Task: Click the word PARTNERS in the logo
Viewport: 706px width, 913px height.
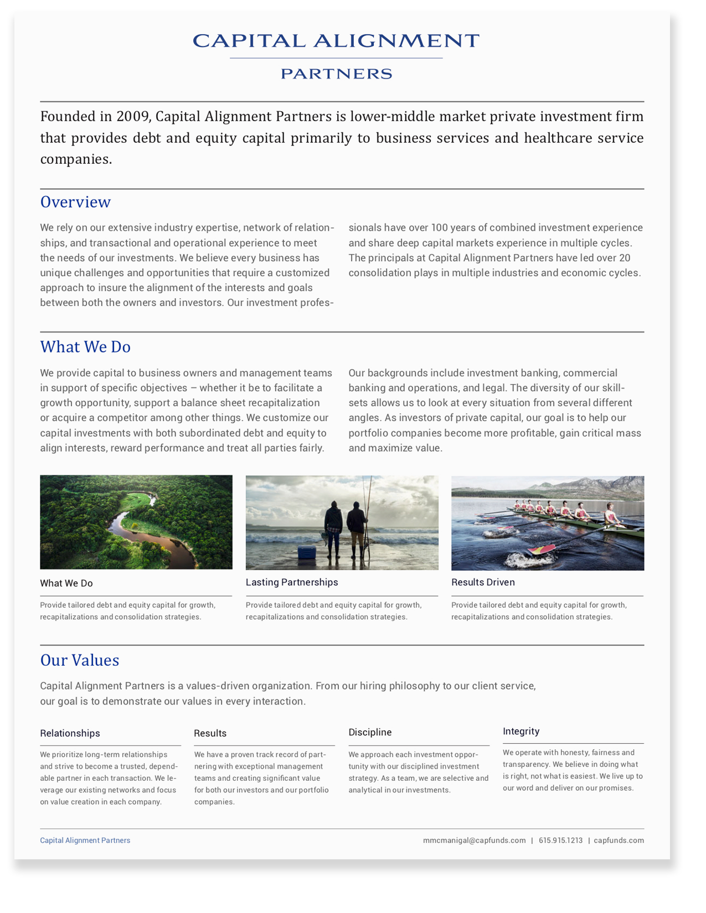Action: pos(336,74)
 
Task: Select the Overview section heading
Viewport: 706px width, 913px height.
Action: pos(75,202)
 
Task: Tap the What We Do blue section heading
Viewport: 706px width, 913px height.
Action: pos(85,347)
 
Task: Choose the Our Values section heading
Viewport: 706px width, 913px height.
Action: pos(80,660)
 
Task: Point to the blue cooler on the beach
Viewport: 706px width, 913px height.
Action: pos(307,553)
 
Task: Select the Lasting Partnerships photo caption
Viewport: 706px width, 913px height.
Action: pos(292,582)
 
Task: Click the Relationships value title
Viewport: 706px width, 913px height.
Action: pos(70,733)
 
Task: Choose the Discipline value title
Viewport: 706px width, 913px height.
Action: pos(370,732)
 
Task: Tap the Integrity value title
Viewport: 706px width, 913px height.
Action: pos(521,731)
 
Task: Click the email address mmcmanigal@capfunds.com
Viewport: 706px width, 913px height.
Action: pos(474,840)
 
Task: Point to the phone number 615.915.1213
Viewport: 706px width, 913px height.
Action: pos(560,840)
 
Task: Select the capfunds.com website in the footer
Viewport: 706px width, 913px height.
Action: pos(619,840)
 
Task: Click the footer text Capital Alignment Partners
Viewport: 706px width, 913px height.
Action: pos(85,840)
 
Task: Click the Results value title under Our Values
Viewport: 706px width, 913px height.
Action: pos(210,733)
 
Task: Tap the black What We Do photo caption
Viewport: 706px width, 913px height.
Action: pos(66,583)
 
